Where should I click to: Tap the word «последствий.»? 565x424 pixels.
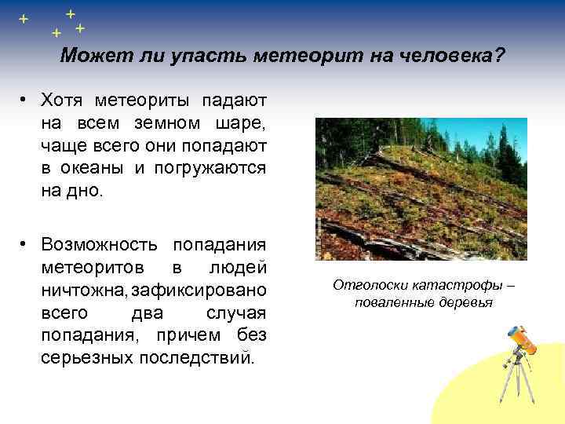[x=197, y=357]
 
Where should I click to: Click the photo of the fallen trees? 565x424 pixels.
[x=421, y=188]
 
